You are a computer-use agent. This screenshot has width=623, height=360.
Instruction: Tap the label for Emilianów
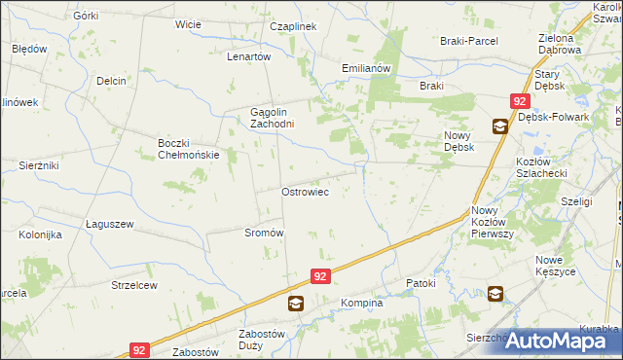point(366,68)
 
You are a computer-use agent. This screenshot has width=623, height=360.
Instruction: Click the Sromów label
point(264,233)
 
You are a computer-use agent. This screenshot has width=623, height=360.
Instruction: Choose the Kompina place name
point(362,304)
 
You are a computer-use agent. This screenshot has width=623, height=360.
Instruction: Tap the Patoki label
point(423,282)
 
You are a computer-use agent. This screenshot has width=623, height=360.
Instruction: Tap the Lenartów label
point(248,56)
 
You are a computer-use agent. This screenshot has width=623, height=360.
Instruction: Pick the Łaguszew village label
point(109,224)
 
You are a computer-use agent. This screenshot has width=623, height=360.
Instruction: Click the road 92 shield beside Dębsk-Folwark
point(520,101)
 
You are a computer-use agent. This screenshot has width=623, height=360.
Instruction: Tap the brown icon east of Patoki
point(495,293)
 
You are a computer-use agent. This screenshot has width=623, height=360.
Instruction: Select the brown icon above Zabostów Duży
point(295,305)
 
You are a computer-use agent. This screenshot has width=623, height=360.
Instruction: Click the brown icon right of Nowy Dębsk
point(499,126)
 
